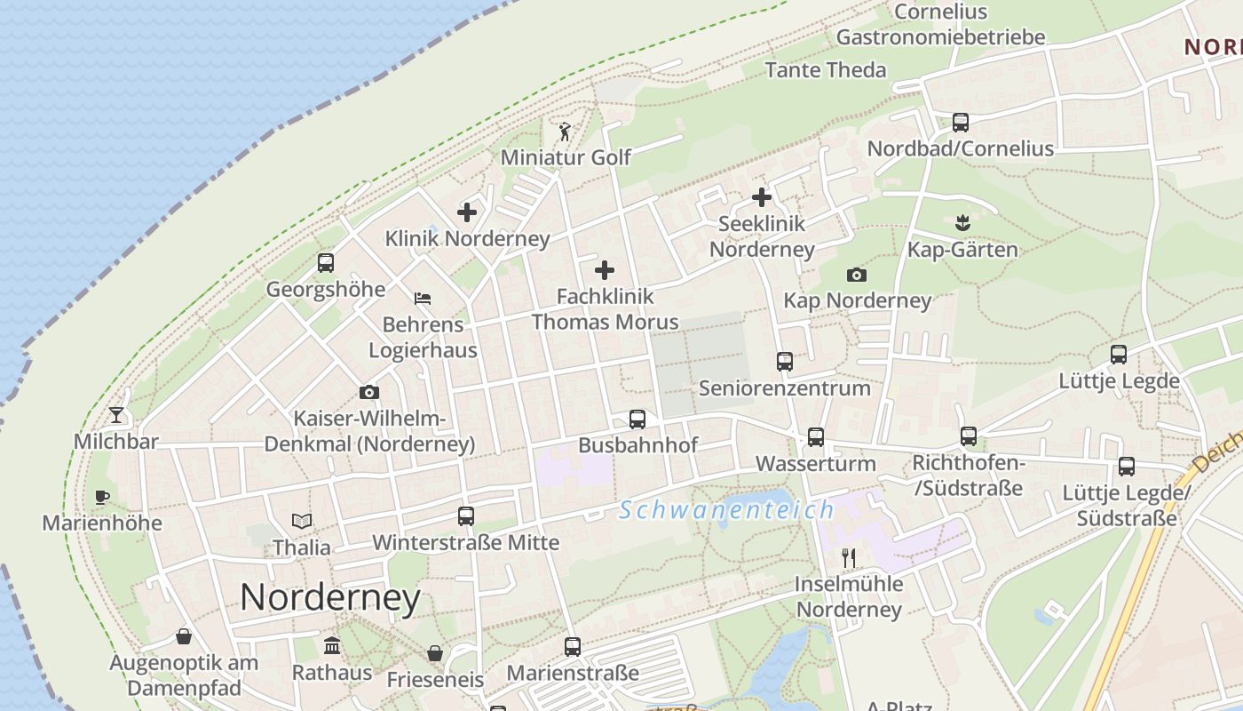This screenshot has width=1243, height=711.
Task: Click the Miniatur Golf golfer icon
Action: (x=565, y=132)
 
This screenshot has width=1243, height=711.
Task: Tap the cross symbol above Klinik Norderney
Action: (x=467, y=212)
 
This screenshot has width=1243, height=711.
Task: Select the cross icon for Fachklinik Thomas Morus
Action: (x=605, y=269)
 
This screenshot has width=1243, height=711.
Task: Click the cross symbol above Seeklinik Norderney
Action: (x=762, y=197)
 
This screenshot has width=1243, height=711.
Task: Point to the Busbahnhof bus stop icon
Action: (x=637, y=419)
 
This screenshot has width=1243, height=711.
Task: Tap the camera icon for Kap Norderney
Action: (x=857, y=276)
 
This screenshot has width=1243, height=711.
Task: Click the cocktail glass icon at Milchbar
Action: (x=116, y=415)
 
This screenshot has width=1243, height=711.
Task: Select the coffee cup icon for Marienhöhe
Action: (x=102, y=497)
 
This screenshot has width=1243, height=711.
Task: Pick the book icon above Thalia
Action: (x=302, y=522)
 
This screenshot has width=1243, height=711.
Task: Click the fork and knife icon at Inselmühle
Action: (x=849, y=558)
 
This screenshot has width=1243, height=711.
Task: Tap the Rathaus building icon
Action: (x=332, y=646)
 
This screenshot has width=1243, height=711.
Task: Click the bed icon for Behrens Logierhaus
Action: (x=423, y=299)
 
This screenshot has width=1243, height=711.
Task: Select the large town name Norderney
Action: (x=330, y=597)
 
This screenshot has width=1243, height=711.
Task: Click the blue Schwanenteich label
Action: (x=727, y=510)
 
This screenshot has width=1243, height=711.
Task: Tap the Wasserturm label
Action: (x=815, y=464)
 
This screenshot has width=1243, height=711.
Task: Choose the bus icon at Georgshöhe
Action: (x=326, y=263)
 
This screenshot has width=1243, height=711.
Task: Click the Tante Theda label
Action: (x=826, y=70)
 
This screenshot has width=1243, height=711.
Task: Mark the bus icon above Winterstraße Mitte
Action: (x=466, y=515)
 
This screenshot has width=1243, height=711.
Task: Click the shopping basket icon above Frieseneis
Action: (x=435, y=654)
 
